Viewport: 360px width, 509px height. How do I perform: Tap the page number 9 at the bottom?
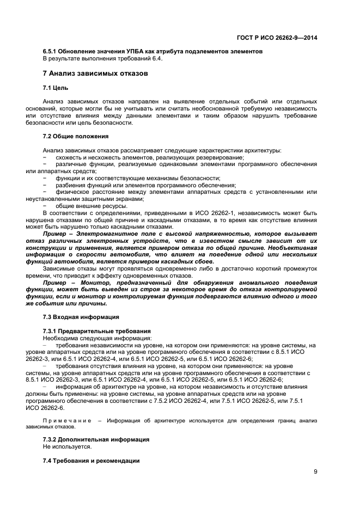(x=315, y=472)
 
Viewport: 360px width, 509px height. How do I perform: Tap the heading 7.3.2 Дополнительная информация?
(x=96, y=439)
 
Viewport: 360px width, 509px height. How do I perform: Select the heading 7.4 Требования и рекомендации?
(x=91, y=460)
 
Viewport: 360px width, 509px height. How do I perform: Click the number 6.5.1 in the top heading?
(x=51, y=51)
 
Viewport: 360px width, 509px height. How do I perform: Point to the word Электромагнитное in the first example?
(x=113, y=233)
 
